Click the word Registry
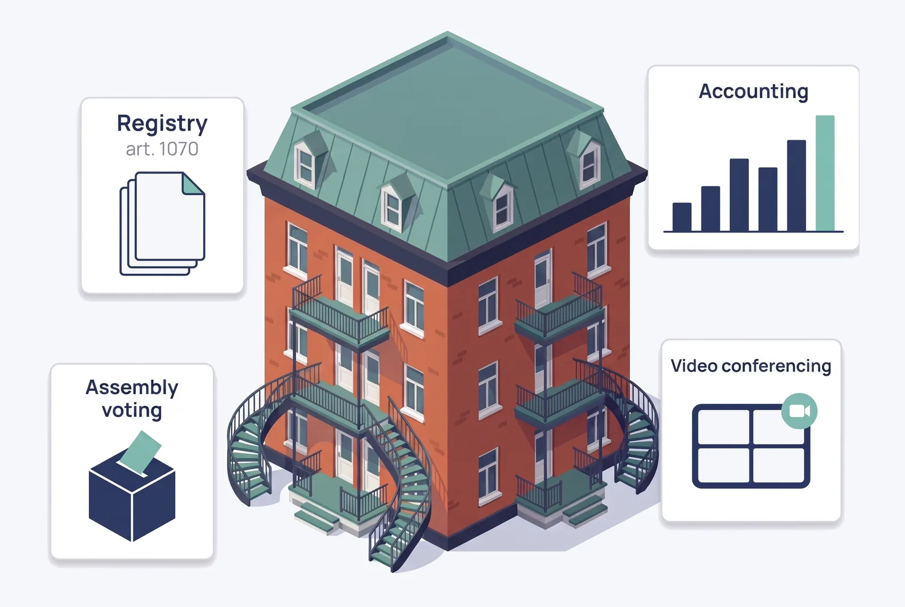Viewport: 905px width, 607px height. [162, 123]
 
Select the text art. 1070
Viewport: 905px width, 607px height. [162, 149]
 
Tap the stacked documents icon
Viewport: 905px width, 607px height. [162, 223]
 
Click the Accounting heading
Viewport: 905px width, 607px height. [753, 91]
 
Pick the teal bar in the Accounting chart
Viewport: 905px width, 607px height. [825, 173]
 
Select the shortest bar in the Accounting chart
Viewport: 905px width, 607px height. [682, 217]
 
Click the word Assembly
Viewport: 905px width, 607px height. [132, 388]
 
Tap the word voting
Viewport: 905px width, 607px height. [132, 411]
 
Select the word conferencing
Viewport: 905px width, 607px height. [776, 367]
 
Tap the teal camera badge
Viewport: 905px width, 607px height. [799, 411]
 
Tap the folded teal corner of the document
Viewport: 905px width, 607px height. [193, 184]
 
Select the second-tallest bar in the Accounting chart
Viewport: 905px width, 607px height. [796, 186]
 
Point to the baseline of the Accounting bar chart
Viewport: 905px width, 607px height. [753, 232]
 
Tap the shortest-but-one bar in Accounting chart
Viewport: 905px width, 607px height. [710, 209]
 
